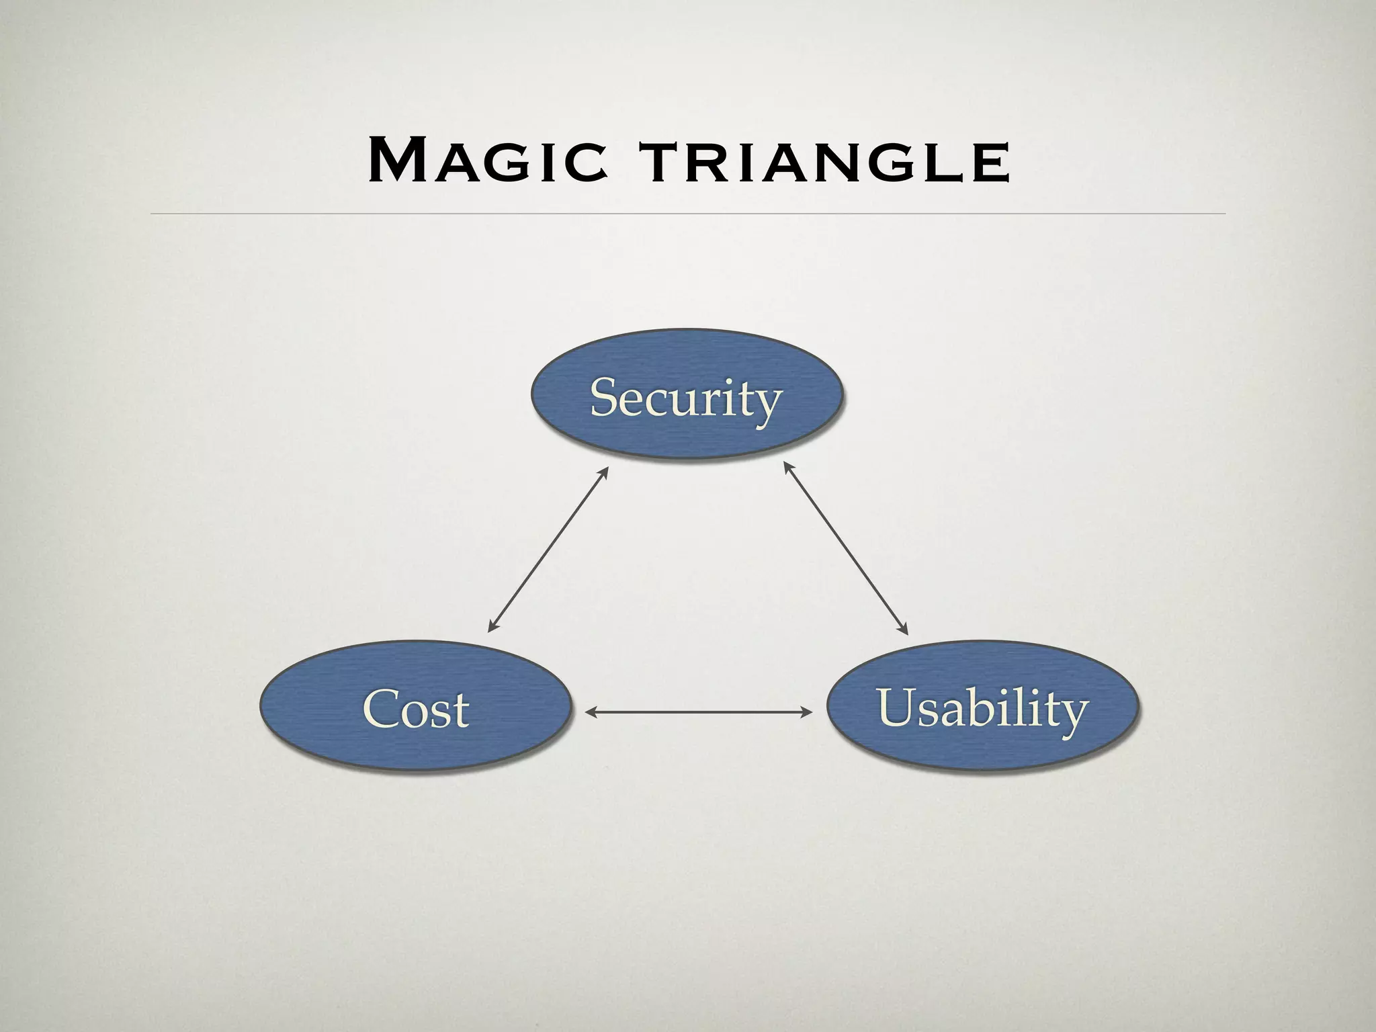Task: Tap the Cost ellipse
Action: coord(416,705)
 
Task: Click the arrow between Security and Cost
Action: coord(548,549)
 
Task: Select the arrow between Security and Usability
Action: coord(846,548)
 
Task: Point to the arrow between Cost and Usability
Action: coord(699,712)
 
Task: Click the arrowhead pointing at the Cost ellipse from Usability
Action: coord(590,712)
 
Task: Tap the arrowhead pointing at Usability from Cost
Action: coord(808,712)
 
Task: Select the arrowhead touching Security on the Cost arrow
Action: coord(604,471)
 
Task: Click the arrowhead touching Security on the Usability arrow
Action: coord(787,466)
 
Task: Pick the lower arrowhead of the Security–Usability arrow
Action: coord(904,630)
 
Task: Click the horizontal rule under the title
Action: coord(688,214)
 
